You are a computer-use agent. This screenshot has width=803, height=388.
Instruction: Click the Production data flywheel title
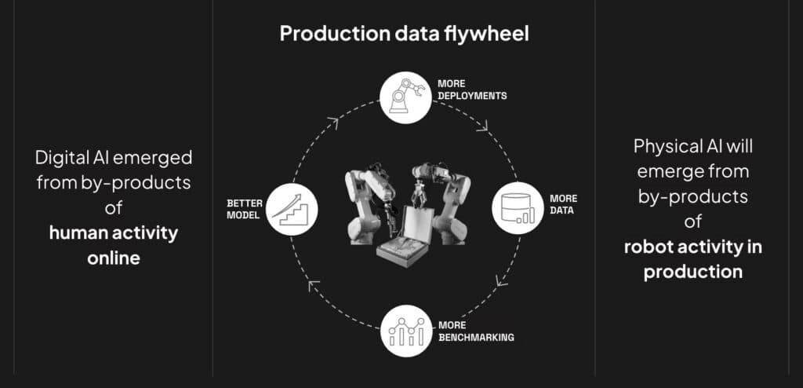(x=404, y=34)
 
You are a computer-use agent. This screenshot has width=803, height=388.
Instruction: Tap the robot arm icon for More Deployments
(x=406, y=97)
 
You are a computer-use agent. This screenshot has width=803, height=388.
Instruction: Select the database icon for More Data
(x=518, y=208)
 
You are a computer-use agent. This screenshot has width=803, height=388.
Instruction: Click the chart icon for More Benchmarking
(x=407, y=331)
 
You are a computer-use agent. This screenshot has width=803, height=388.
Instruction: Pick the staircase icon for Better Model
(x=292, y=210)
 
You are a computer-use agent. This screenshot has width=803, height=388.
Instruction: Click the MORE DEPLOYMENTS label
(x=471, y=90)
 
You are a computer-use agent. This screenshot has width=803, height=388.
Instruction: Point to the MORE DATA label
(x=563, y=203)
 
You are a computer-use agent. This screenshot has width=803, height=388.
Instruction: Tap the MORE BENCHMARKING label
(x=476, y=331)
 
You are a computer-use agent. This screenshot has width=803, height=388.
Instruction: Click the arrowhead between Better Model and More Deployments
(x=332, y=123)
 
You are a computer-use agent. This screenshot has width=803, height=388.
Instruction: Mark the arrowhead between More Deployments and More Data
(x=482, y=125)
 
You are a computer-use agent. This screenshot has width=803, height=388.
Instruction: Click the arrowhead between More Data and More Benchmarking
(x=501, y=280)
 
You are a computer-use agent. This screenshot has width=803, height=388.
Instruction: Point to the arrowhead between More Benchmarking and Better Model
(x=314, y=285)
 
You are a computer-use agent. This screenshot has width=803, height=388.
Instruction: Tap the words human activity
(x=114, y=233)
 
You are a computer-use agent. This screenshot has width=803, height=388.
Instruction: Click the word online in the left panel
(x=114, y=258)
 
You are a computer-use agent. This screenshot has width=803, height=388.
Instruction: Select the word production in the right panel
(x=693, y=272)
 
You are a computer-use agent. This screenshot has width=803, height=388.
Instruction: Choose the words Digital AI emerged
(x=114, y=158)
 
